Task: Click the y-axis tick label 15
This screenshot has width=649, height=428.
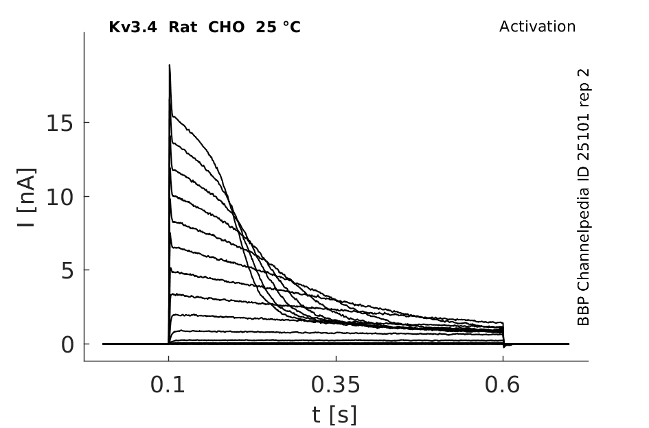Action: pos(60,123)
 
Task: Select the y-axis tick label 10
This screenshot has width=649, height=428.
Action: pos(60,198)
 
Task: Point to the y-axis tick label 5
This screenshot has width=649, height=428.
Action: pos(67,271)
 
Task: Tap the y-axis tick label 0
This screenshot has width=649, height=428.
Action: pos(67,344)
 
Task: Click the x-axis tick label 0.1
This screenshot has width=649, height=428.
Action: pos(168,385)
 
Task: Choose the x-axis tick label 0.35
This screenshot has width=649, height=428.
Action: pos(336,385)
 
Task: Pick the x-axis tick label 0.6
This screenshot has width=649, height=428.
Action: pos(502,385)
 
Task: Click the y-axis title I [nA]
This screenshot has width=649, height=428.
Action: pos(27,198)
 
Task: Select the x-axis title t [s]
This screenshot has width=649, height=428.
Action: pos(334,415)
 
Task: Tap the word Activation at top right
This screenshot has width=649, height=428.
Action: pos(537,27)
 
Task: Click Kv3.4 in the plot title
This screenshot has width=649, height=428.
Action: pos(133,27)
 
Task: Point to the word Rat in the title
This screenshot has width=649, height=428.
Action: pos(183,27)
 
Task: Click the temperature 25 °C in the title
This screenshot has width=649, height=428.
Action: pos(278,27)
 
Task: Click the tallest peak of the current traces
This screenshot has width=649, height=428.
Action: pos(169,65)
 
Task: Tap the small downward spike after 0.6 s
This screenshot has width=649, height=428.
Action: pos(503,346)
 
